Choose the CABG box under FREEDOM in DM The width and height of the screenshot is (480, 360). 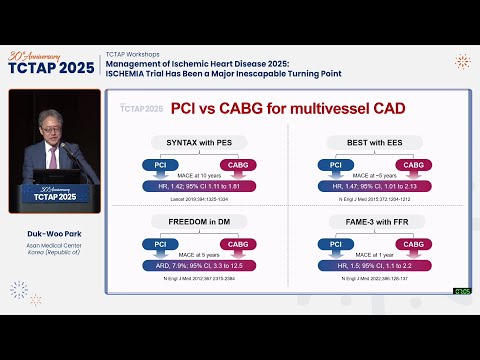(238, 242)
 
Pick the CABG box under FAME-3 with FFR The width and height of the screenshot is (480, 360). (402, 242)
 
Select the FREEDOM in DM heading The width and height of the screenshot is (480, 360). (200, 221)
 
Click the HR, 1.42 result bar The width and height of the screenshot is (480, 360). (200, 185)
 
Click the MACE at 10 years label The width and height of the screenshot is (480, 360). (200, 176)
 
